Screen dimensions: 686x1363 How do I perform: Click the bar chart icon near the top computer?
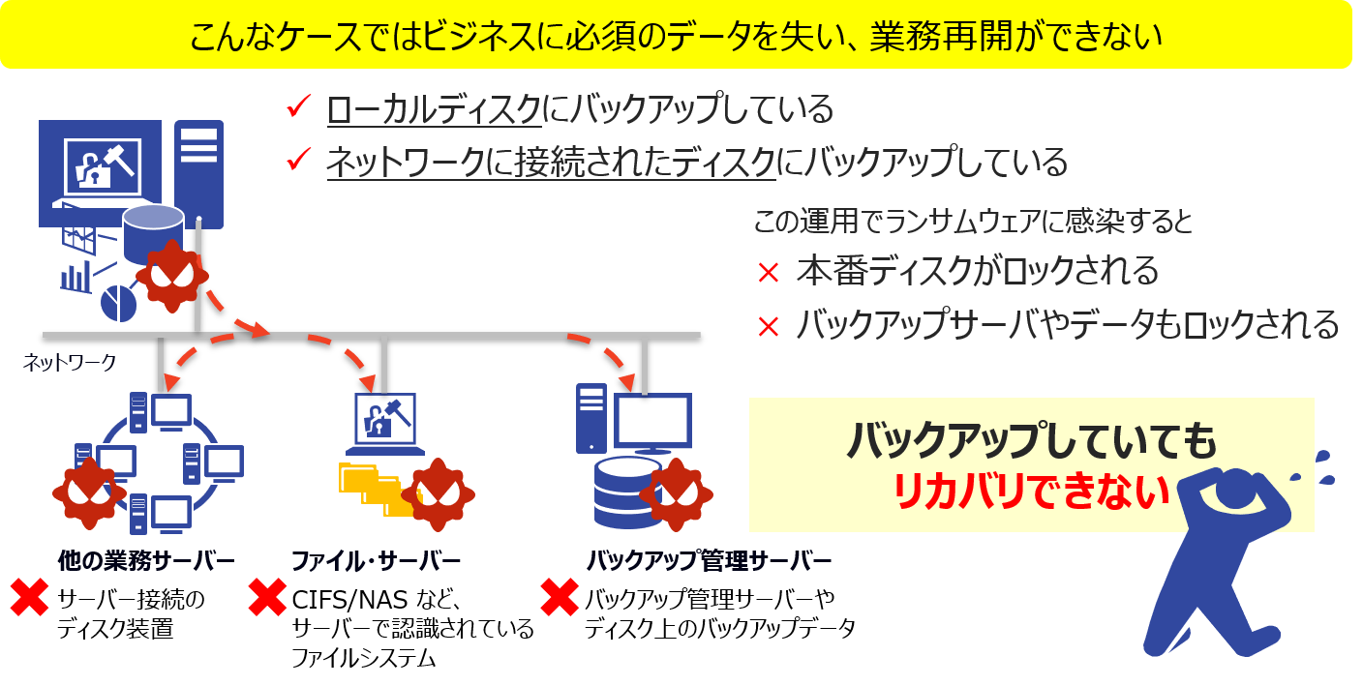pos(76,277)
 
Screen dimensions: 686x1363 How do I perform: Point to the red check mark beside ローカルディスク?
pos(298,107)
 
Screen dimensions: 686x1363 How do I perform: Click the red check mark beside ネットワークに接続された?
pos(298,160)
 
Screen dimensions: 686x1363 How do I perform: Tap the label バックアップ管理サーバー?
pos(710,561)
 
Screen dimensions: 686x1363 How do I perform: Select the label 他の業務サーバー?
pos(145,561)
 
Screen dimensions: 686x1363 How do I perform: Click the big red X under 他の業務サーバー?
pos(29,598)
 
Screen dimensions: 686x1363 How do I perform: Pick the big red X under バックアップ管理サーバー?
pos(560,598)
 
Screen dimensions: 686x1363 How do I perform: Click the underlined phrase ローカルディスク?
pos(433,109)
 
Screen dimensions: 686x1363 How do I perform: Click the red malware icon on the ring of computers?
pos(89,492)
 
